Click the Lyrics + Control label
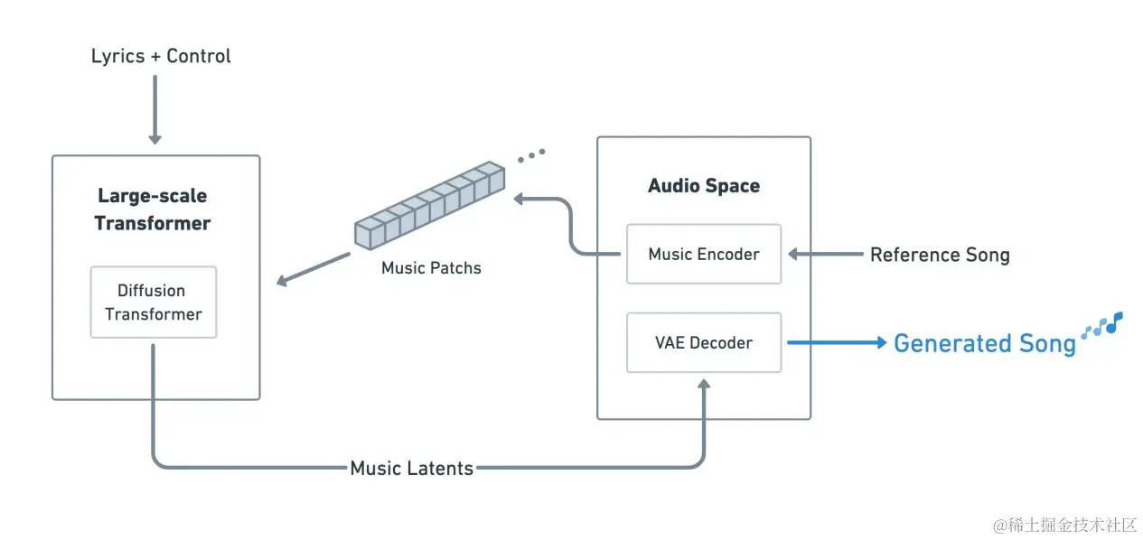[161, 56]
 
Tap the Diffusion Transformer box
[153, 303]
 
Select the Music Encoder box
[703, 254]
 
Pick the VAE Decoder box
[703, 343]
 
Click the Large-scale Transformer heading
[153, 209]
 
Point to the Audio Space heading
[703, 186]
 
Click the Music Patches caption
[431, 268]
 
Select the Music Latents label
[411, 468]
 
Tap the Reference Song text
[939, 255]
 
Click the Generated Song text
[984, 344]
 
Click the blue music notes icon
[1102, 325]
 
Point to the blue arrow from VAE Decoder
[836, 343]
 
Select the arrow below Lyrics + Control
[155, 110]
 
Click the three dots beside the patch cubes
[531, 155]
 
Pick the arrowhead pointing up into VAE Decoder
[704, 386]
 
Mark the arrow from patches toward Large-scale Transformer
[313, 269]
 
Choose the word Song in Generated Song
[1045, 344]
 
